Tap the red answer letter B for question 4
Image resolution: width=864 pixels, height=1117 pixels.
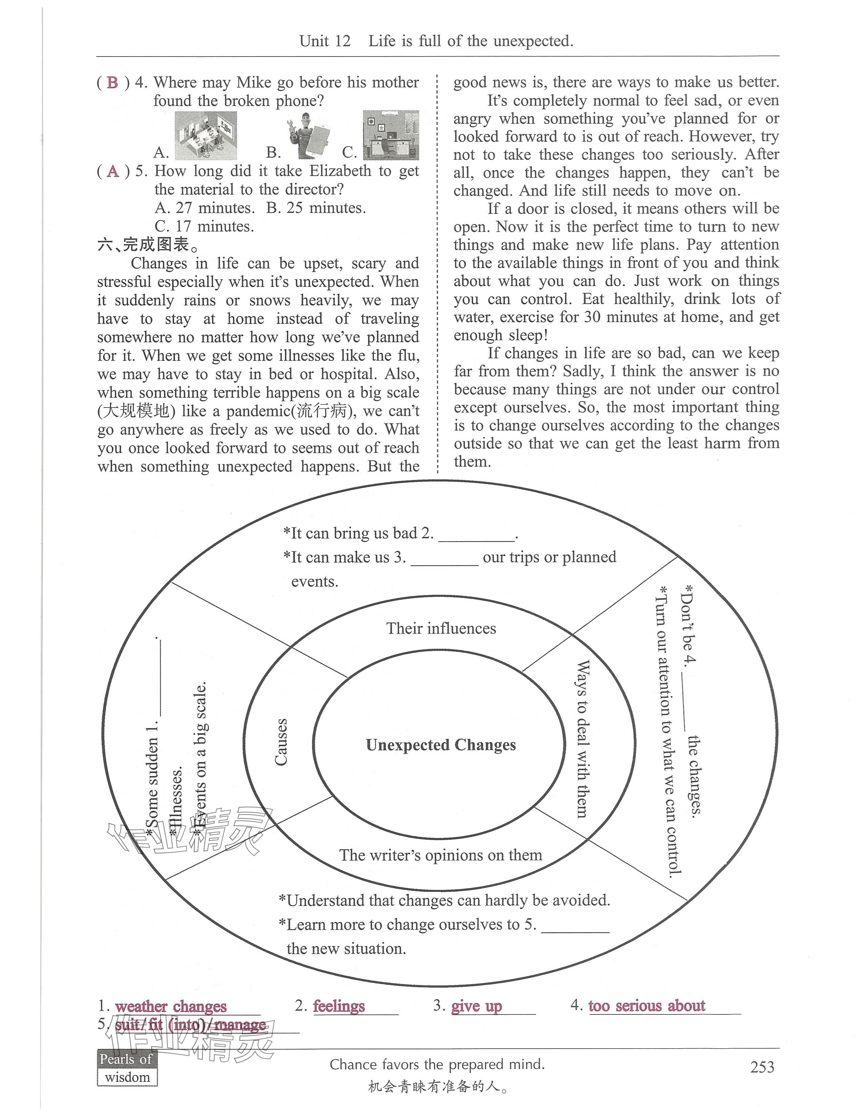112,82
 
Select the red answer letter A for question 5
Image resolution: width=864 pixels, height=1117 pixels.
112,171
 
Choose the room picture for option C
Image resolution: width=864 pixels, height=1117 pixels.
391,135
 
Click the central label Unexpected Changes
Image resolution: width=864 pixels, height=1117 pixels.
441,745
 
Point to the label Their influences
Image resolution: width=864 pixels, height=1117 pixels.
441,629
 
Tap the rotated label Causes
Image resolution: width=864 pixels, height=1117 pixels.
281,742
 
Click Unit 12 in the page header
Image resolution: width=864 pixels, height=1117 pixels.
325,41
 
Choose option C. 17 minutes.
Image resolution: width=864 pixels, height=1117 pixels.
204,226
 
